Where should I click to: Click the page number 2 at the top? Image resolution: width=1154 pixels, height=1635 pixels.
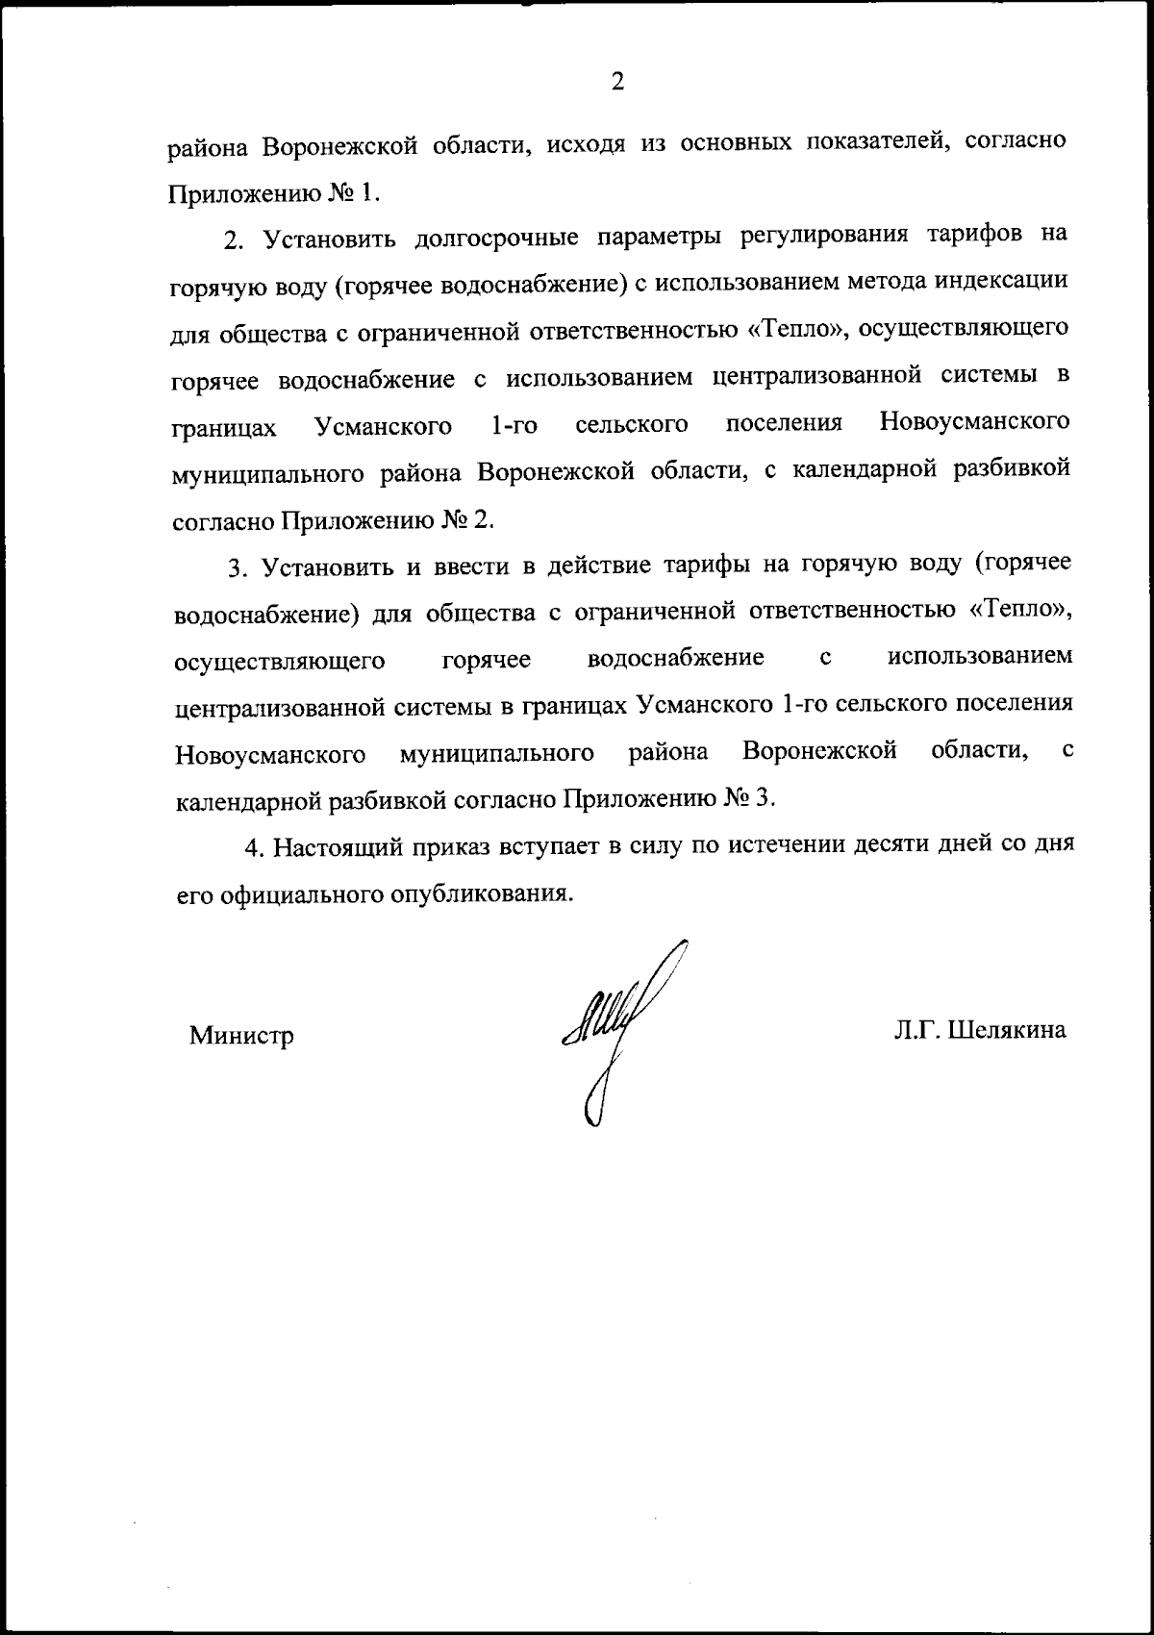click(x=617, y=82)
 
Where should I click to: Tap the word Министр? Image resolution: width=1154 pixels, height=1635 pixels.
click(x=241, y=1036)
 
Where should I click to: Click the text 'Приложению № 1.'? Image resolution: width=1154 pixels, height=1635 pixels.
click(x=275, y=193)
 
